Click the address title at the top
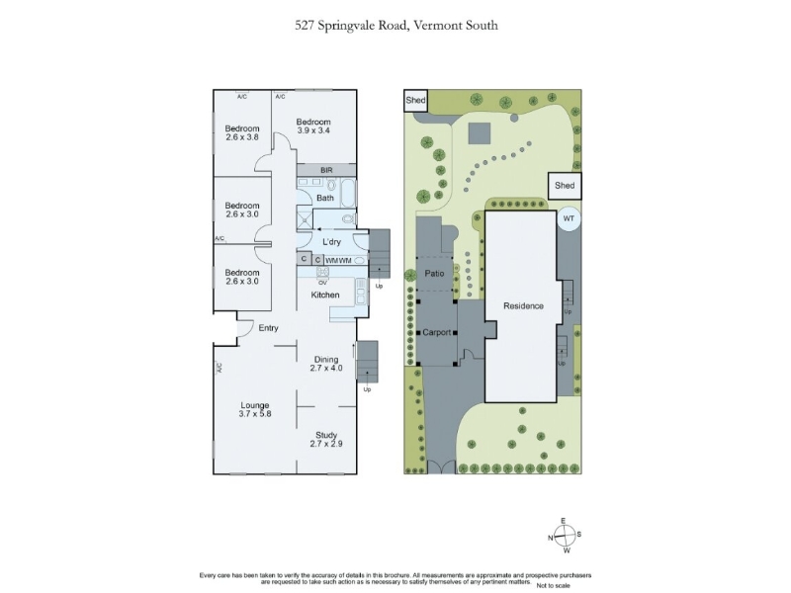[396, 26]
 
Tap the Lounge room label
[255, 409]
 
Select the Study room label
[326, 439]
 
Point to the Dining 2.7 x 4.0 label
[326, 364]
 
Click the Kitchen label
[325, 295]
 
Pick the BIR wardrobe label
[326, 170]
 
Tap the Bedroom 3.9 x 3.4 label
[313, 127]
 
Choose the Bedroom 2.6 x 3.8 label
[242, 132]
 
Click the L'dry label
[331, 242]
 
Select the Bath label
[325, 199]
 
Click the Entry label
[268, 328]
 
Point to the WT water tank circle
[569, 218]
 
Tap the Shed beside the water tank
[565, 185]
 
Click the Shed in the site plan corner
[415, 100]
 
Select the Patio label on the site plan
[434, 274]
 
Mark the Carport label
[437, 332]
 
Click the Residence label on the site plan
[523, 306]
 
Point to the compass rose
[565, 536]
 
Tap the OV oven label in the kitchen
[322, 283]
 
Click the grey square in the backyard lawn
[480, 133]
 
